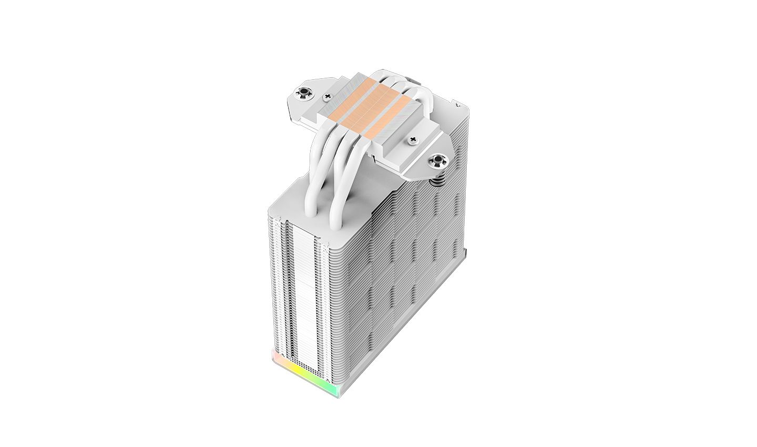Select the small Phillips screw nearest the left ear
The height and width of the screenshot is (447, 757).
pos(330,96)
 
